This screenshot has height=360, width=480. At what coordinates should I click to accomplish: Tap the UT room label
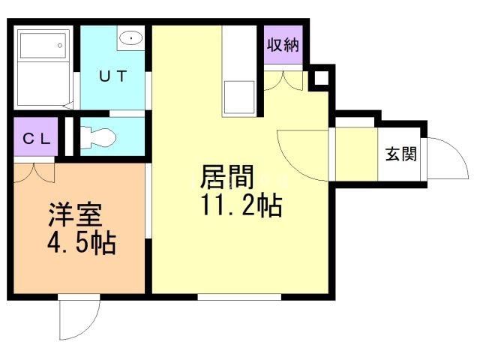114,75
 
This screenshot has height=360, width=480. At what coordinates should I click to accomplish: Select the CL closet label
35,138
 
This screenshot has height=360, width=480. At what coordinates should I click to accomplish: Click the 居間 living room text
227,177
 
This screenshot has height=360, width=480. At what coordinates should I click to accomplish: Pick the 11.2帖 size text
241,204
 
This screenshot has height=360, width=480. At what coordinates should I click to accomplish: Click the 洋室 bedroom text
75,214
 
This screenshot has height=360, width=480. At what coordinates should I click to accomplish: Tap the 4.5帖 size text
81,242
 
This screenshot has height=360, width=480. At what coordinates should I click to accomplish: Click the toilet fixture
97,137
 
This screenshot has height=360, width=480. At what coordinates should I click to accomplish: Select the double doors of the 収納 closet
283,79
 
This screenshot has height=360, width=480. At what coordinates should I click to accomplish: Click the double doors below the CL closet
34,172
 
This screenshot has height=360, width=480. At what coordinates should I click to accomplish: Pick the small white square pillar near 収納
320,78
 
